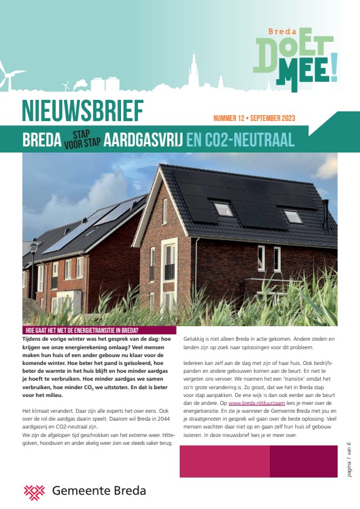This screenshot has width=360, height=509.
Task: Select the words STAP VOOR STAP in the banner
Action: (x=82, y=140)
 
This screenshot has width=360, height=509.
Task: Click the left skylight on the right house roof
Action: (x=223, y=209)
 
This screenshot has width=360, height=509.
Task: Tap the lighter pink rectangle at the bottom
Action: (x=224, y=461)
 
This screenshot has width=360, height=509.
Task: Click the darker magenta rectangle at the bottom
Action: (x=303, y=461)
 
